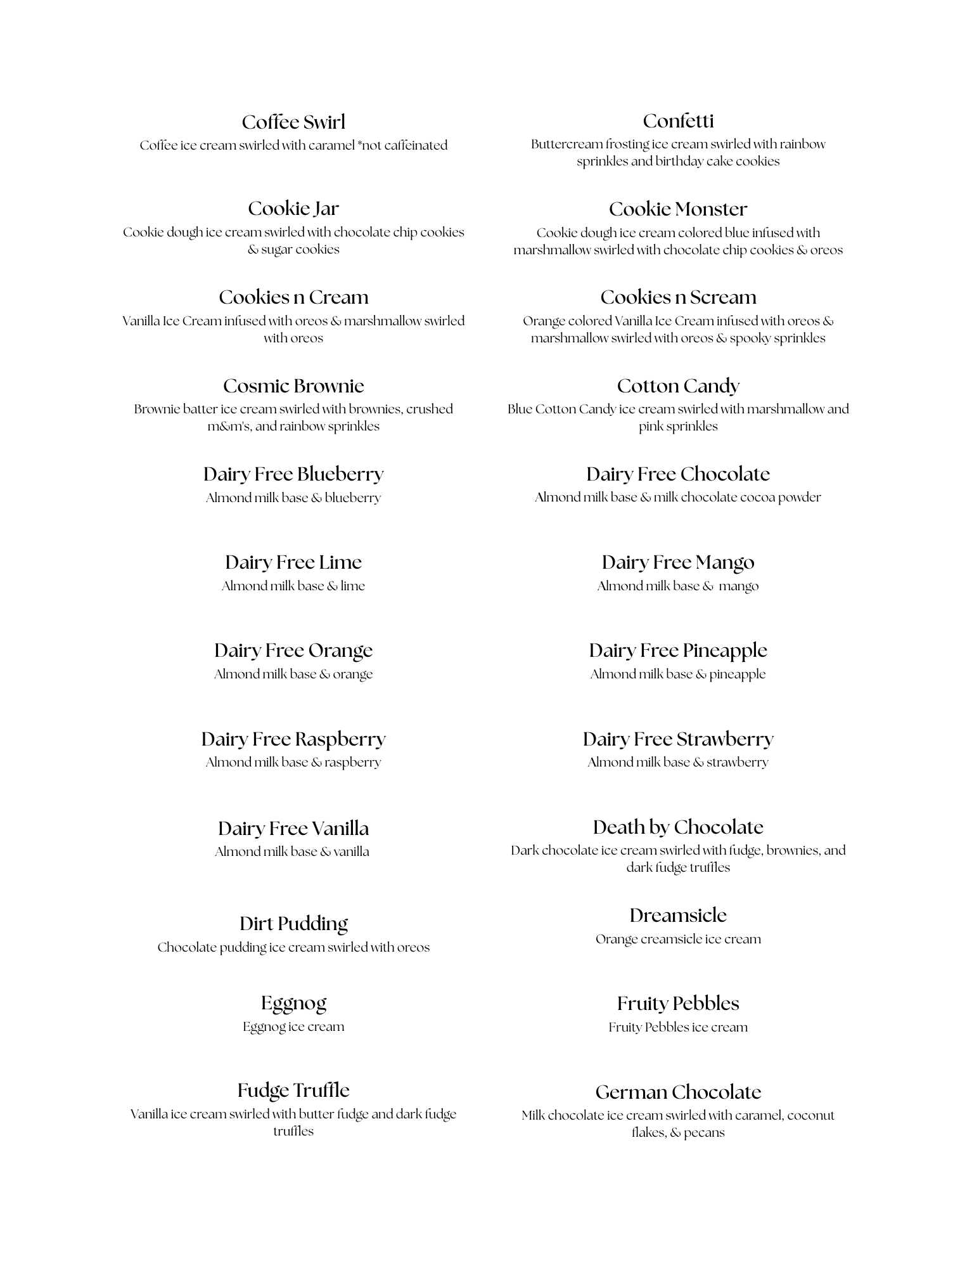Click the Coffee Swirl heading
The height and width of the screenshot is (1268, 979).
click(293, 122)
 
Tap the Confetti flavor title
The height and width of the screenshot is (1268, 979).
click(678, 120)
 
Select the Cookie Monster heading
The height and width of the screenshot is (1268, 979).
click(678, 209)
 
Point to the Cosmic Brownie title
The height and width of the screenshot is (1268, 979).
click(293, 385)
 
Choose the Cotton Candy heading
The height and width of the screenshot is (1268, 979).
click(678, 385)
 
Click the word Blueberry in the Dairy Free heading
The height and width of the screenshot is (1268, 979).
click(340, 474)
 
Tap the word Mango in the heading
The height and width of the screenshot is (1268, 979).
click(724, 562)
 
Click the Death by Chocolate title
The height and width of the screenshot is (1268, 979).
click(678, 827)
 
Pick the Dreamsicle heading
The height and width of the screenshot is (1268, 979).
click(678, 915)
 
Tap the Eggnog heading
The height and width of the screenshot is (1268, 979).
click(293, 1003)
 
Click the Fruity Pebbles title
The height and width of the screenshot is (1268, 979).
click(678, 1003)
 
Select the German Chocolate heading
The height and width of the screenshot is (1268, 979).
click(678, 1092)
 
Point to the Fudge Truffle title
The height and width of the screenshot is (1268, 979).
click(293, 1090)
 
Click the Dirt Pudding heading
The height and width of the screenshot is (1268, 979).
click(293, 924)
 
